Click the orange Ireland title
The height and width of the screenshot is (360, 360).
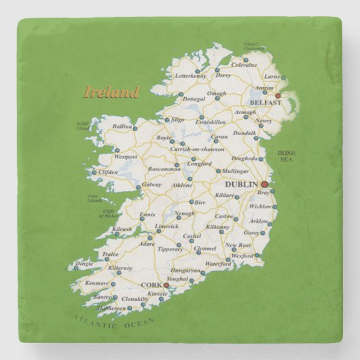[111, 92]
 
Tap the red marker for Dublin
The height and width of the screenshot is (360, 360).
[264, 184]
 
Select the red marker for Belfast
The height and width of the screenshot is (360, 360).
[277, 96]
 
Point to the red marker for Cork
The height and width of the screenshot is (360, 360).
[166, 285]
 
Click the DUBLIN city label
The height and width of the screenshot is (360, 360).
[241, 185]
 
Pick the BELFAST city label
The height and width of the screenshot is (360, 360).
[264, 103]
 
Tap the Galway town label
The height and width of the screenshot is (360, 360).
[151, 184]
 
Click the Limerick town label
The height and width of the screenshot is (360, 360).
[166, 227]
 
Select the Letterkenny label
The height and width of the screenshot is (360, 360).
[190, 76]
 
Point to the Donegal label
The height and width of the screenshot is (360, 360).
[194, 99]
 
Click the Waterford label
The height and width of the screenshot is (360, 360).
[218, 264]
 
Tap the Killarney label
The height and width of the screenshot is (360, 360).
[120, 268]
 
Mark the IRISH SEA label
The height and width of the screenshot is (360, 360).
[285, 157]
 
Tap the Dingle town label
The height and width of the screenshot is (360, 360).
[84, 264]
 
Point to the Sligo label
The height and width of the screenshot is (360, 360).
[178, 120]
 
